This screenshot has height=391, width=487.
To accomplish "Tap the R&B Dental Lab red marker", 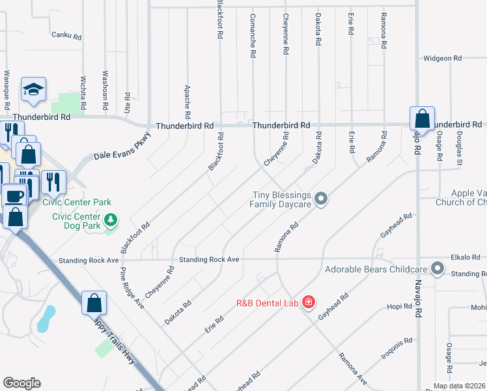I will pos(308,303).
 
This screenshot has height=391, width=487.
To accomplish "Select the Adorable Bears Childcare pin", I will pos(438,268).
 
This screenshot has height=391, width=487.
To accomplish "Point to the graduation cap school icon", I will pos(33,90).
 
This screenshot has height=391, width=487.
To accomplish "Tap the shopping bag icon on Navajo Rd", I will pos(422,119).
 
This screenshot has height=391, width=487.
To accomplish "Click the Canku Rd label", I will pos(66,35).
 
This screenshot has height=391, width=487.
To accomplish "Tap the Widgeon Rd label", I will pos(442,59).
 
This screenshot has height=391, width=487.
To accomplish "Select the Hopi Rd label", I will pos(395,306).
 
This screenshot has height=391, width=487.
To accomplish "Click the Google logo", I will pos(21,383).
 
